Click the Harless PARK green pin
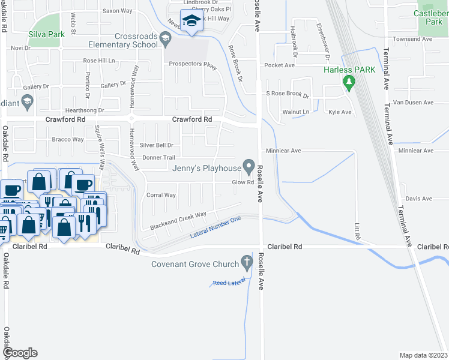click(x=348, y=83)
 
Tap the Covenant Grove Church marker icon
click(x=246, y=262)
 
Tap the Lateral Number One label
click(x=215, y=227)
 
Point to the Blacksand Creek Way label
click(x=178, y=221)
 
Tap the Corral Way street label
click(x=161, y=195)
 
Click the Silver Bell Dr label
click(x=156, y=145)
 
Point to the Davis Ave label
click(x=418, y=199)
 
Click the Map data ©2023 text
click(x=423, y=355)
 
